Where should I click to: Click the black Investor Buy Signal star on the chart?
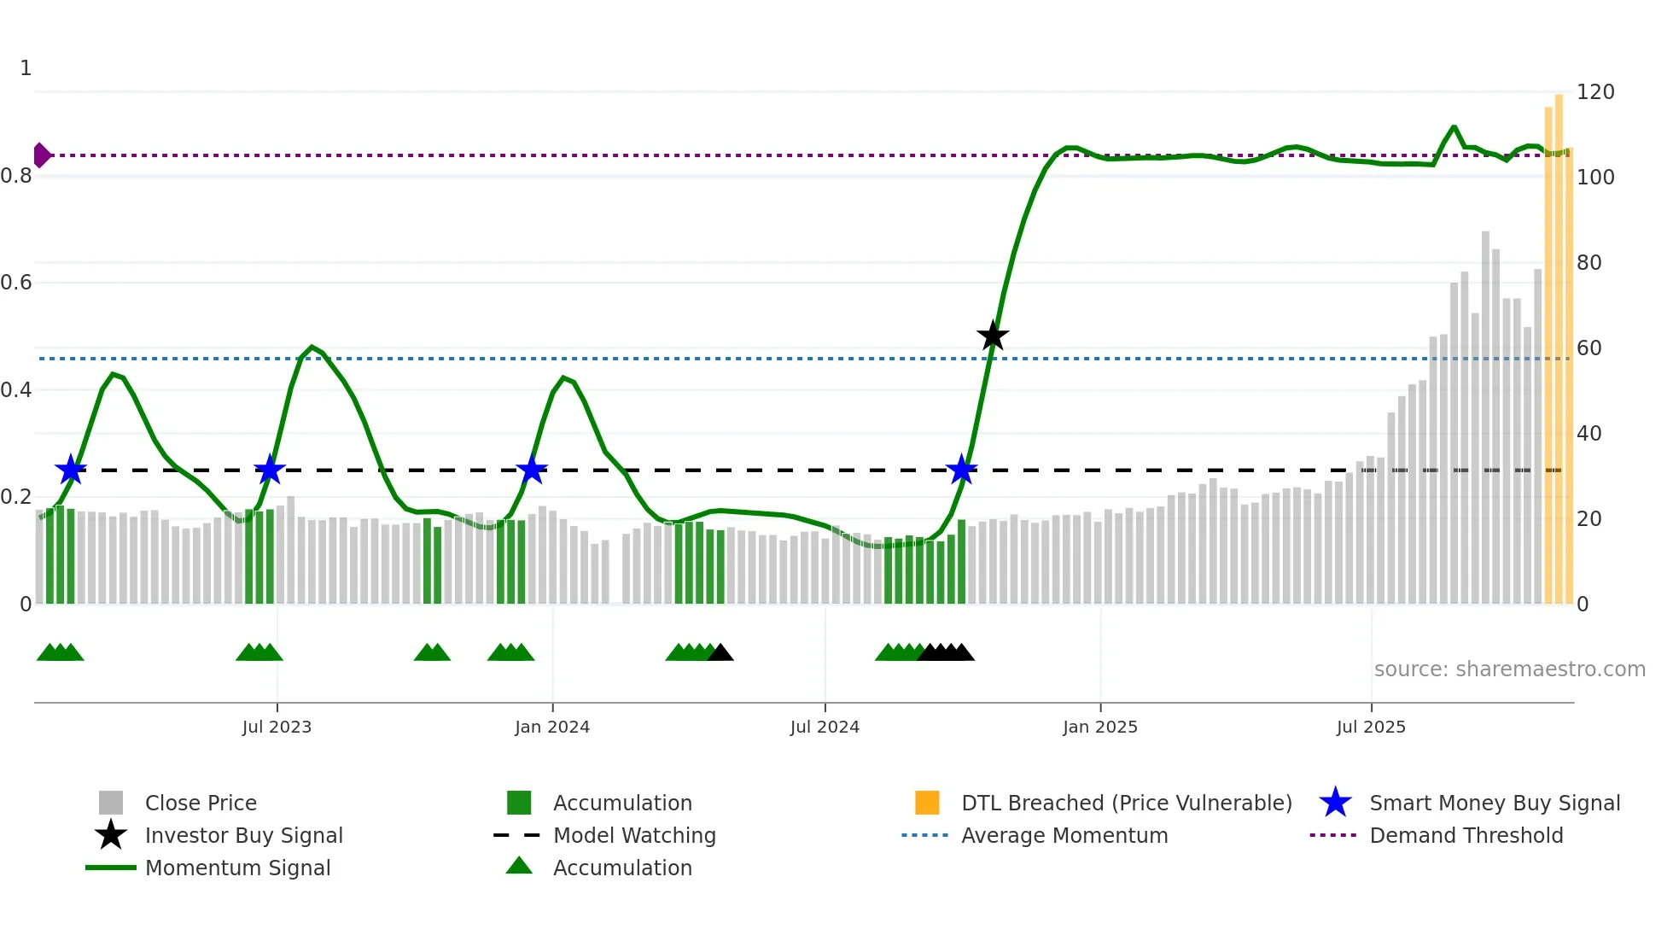[x=993, y=336]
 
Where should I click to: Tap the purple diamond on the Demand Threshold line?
[x=41, y=155]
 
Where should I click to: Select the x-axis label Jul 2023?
[x=277, y=727]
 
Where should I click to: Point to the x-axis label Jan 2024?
[x=552, y=727]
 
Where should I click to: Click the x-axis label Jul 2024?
[x=825, y=727]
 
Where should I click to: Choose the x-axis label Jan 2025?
[x=1100, y=727]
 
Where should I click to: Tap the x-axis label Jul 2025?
[x=1371, y=727]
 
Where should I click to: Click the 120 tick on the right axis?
[x=1595, y=92]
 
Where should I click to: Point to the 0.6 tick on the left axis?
[x=16, y=283]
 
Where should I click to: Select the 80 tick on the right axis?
[x=1589, y=263]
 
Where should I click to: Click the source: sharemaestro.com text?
[x=1509, y=669]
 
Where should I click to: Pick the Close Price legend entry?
[x=201, y=803]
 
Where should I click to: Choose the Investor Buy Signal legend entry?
[x=243, y=835]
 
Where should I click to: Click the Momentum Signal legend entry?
[x=237, y=868]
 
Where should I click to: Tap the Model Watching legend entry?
[x=634, y=835]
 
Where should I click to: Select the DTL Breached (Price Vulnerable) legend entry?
[x=1126, y=803]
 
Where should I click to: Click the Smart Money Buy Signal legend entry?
[x=1495, y=803]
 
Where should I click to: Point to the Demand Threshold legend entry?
[x=1466, y=835]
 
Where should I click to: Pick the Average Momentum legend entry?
[x=1064, y=835]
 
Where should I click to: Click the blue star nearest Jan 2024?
[x=532, y=470]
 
